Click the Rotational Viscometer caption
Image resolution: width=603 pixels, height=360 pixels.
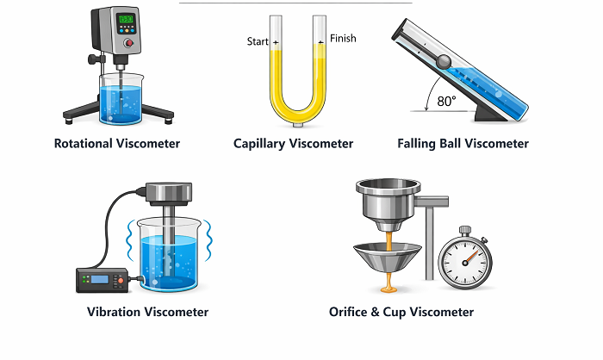(117, 144)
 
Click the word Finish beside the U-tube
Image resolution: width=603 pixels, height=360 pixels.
(342, 39)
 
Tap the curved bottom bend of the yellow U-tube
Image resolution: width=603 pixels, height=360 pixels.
(295, 115)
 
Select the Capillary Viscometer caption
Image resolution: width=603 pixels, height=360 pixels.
(294, 144)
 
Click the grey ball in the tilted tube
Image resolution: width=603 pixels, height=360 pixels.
(444, 61)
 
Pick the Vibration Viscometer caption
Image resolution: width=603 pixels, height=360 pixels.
(147, 312)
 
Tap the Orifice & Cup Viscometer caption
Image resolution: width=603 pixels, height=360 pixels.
(401, 312)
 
